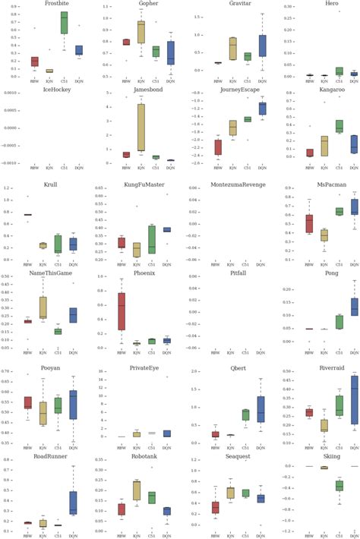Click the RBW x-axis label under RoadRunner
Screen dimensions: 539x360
pos(28,534)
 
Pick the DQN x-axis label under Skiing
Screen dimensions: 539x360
pos(336,534)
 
